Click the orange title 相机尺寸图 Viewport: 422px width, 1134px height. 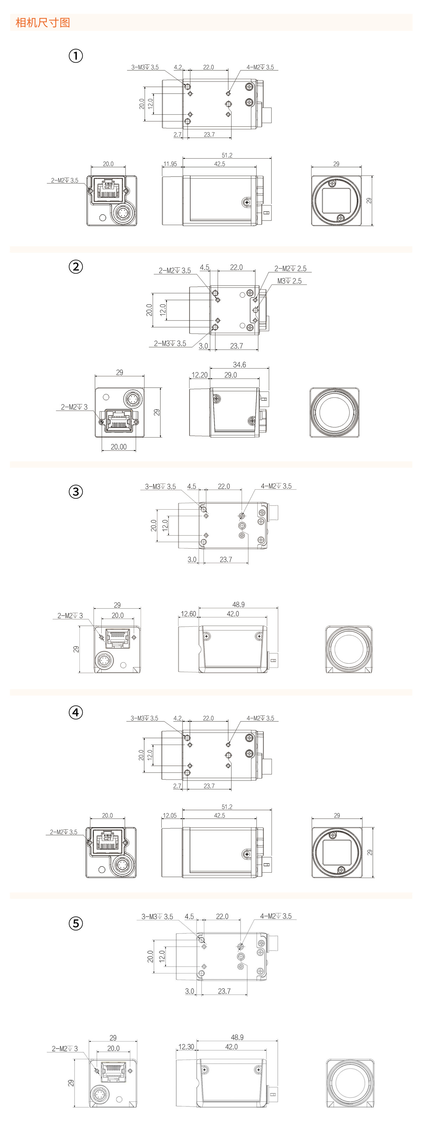pyautogui.click(x=43, y=23)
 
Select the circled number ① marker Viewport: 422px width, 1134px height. pyautogui.click(x=76, y=56)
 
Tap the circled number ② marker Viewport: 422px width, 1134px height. pyautogui.click(x=76, y=267)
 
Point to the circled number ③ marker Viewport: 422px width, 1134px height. pyautogui.click(x=76, y=491)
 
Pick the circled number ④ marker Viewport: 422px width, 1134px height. pyautogui.click(x=76, y=712)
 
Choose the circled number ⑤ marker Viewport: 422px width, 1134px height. pyautogui.click(x=76, y=923)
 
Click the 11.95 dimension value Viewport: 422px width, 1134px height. pyautogui.click(x=170, y=164)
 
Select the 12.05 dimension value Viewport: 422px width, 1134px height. pyautogui.click(x=170, y=815)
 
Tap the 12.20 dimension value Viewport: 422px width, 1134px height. pyautogui.click(x=199, y=375)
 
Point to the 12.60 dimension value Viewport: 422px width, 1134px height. pyautogui.click(x=188, y=614)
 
